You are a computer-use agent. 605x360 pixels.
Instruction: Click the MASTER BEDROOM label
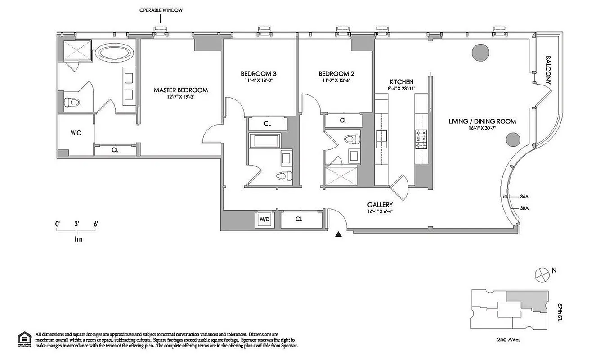pyautogui.click(x=181, y=90)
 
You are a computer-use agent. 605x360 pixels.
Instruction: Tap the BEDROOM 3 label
pyautogui.click(x=259, y=74)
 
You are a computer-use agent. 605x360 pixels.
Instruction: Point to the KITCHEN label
pyautogui.click(x=401, y=82)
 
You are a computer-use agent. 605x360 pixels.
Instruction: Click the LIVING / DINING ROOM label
pyautogui.click(x=482, y=121)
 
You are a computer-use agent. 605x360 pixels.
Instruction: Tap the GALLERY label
pyautogui.click(x=382, y=205)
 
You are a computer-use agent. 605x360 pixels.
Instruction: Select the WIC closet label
pyautogui.click(x=76, y=134)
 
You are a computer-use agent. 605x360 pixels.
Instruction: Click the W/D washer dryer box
pyautogui.click(x=264, y=219)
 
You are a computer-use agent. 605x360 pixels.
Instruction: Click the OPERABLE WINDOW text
pyautogui.click(x=161, y=10)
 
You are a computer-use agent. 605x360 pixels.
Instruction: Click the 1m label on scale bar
pyautogui.click(x=77, y=239)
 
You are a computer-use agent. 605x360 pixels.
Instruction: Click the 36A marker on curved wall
pyautogui.click(x=524, y=197)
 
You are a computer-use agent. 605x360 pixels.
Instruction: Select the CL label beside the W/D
pyautogui.click(x=299, y=219)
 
